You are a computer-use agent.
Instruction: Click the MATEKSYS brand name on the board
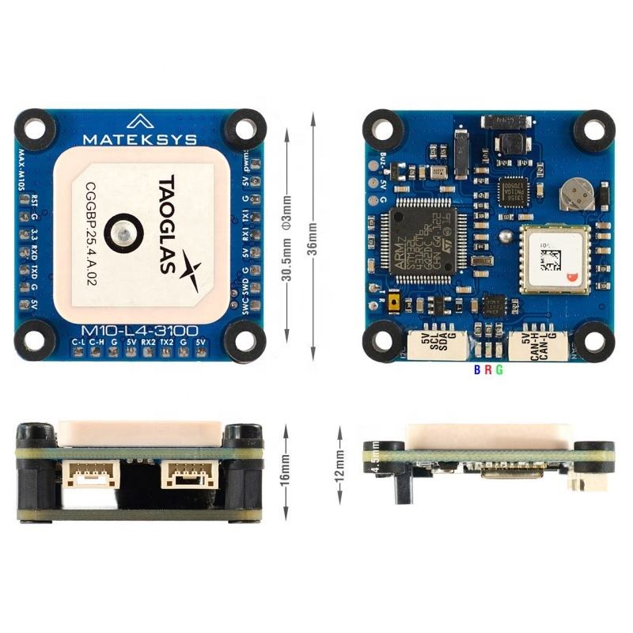click(x=141, y=140)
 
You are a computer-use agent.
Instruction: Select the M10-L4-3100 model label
click(x=140, y=330)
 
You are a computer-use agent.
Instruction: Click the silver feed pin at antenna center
click(x=123, y=233)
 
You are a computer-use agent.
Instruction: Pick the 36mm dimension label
click(x=313, y=236)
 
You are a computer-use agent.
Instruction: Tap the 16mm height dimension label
click(x=286, y=474)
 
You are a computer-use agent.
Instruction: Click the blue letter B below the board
click(x=476, y=370)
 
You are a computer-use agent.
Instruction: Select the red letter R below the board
click(x=487, y=370)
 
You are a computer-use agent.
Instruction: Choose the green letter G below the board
click(x=499, y=370)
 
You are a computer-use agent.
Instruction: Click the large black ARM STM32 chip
click(x=419, y=235)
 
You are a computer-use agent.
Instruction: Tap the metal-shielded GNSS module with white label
click(x=555, y=259)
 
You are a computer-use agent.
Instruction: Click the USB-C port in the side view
click(x=512, y=472)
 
